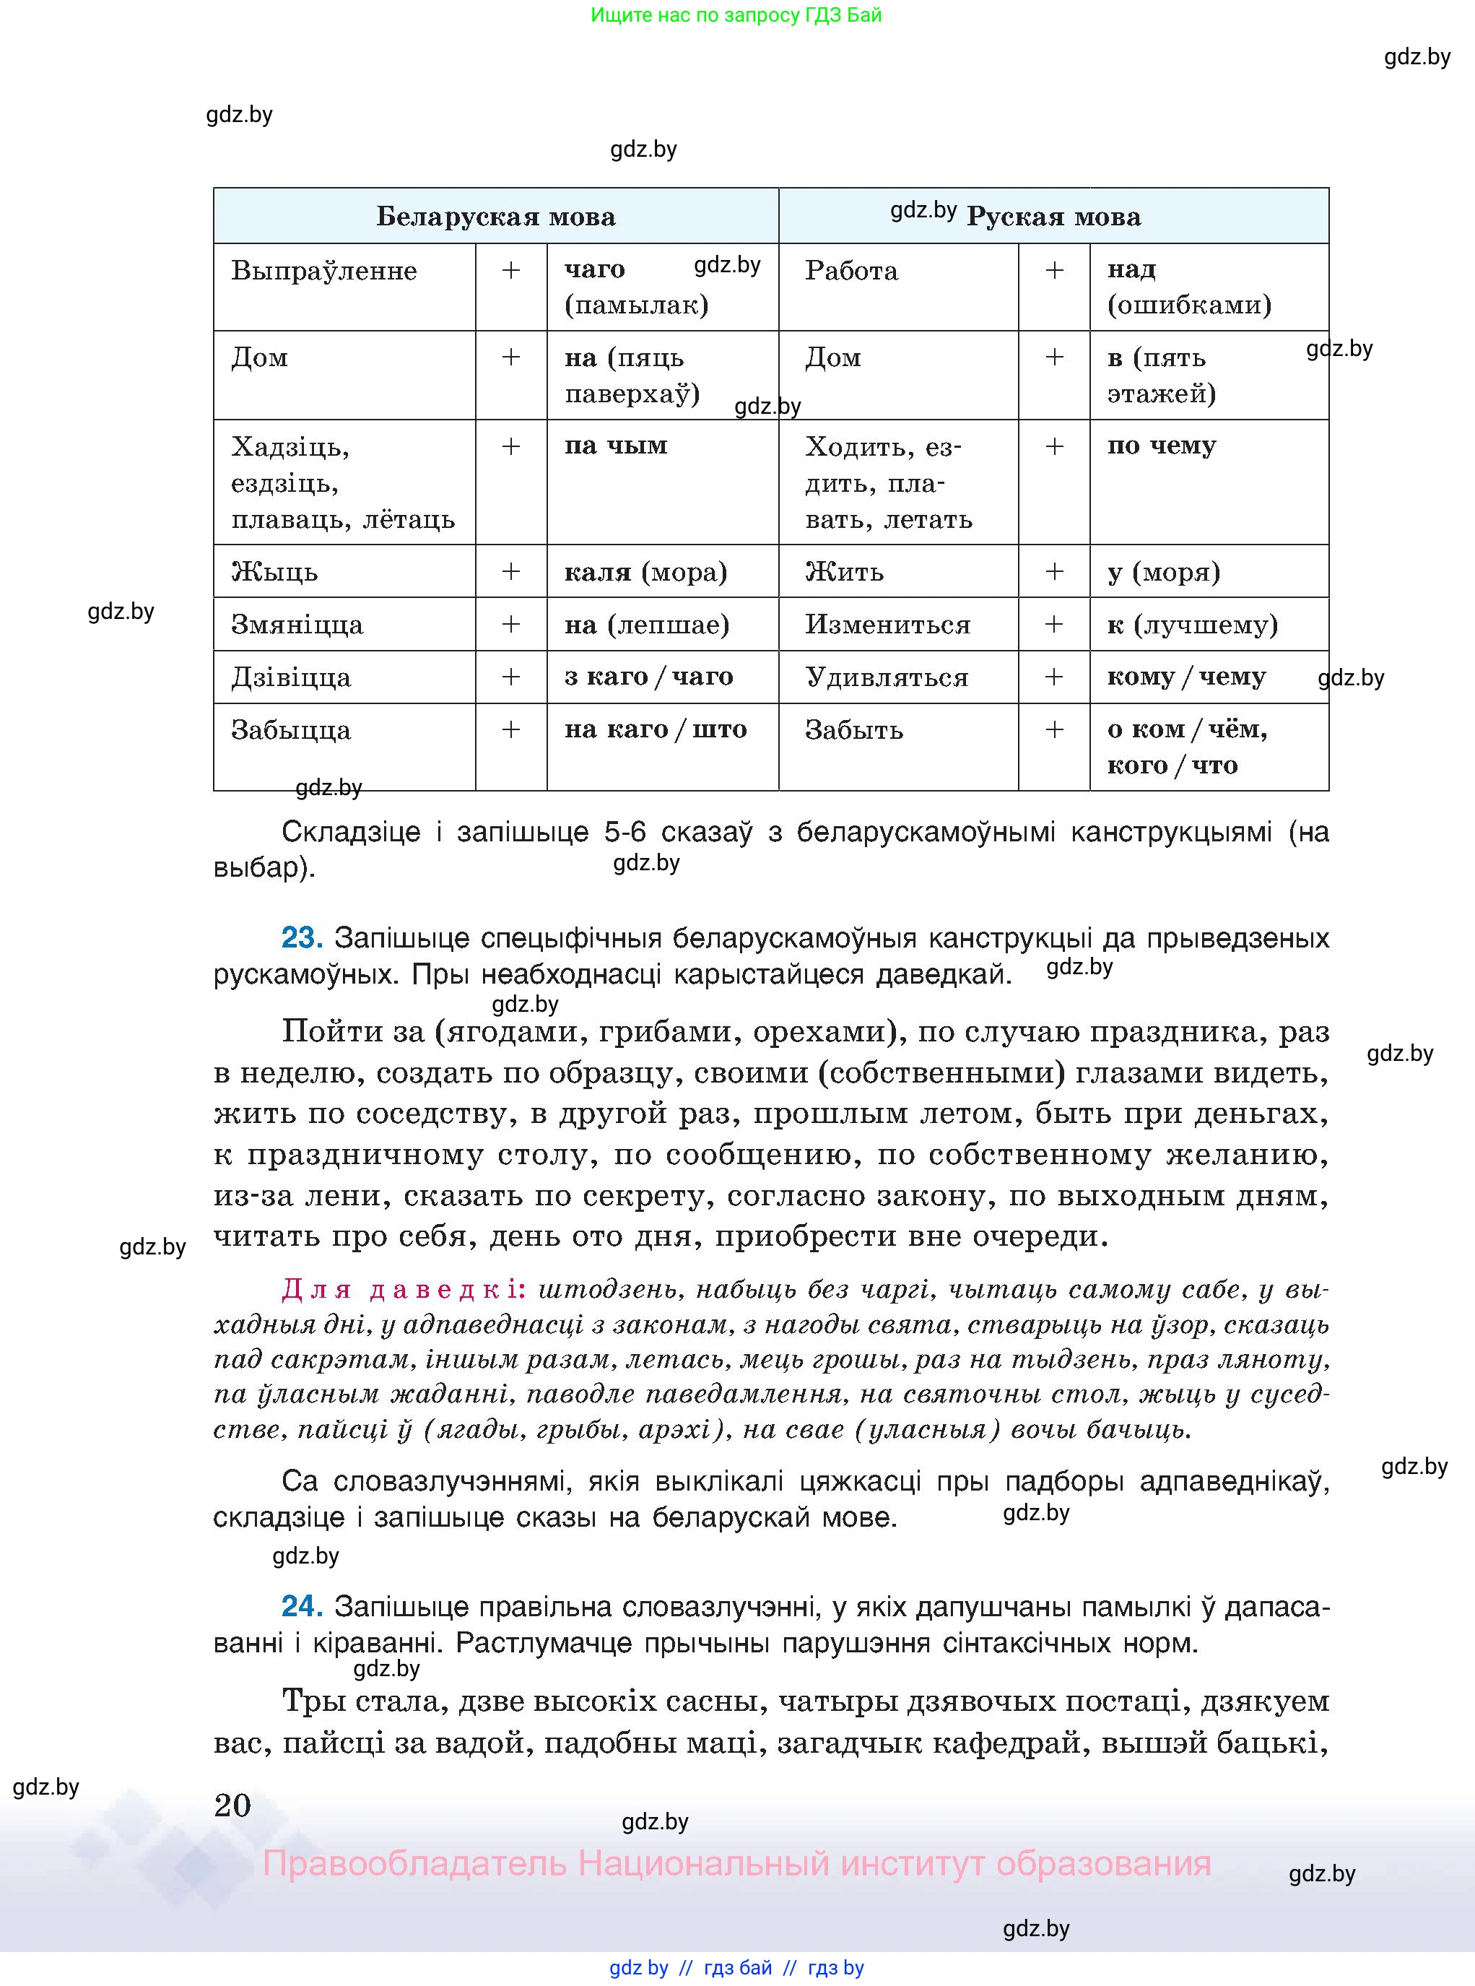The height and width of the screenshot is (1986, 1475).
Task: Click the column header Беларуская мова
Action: click(x=495, y=217)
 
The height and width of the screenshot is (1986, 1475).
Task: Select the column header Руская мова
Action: click(x=1053, y=217)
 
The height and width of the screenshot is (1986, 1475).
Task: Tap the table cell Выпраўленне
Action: click(x=324, y=271)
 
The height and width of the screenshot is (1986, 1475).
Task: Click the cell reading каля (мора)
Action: click(x=645, y=571)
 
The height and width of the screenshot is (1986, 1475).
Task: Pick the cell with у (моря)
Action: click(x=1163, y=571)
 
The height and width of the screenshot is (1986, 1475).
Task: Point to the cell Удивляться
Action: click(x=887, y=677)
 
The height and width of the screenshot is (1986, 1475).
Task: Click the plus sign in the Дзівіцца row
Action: click(x=510, y=677)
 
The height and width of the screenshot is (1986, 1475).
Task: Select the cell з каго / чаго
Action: click(x=648, y=677)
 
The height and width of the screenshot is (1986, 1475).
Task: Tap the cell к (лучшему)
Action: click(x=1192, y=624)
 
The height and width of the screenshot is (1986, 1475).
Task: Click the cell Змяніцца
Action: click(x=297, y=624)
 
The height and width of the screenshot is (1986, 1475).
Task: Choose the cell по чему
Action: click(x=1162, y=446)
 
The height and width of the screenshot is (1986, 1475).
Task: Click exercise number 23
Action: click(x=301, y=937)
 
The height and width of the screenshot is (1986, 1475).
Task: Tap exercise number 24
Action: click(x=301, y=1606)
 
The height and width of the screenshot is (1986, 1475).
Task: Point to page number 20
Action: click(x=233, y=1805)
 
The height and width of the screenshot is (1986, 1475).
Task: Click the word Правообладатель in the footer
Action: click(x=414, y=1865)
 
